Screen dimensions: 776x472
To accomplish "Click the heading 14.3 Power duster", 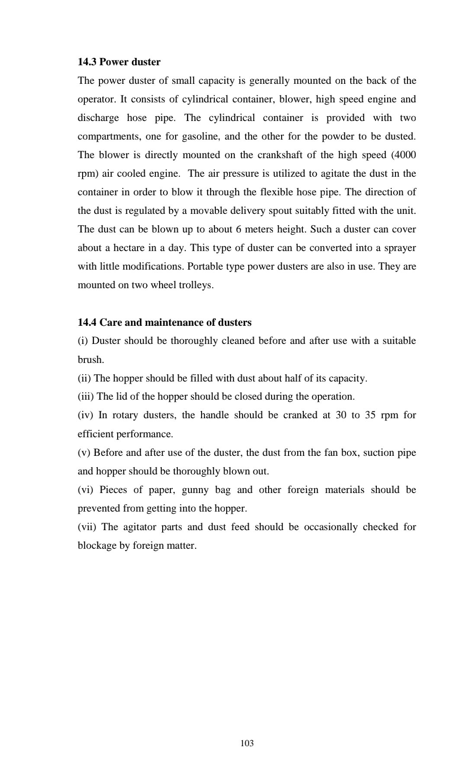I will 119,62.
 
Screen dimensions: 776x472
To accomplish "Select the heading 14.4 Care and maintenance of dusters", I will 164,322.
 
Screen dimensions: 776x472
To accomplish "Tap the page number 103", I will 247,743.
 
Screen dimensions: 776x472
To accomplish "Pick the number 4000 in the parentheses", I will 405,155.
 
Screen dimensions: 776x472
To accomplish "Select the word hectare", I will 120,248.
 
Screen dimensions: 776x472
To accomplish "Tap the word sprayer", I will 398,248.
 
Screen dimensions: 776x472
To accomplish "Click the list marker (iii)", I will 86,397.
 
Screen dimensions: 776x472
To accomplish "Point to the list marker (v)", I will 84,453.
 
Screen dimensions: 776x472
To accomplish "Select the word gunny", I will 195,490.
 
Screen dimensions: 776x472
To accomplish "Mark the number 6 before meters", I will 238,229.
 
